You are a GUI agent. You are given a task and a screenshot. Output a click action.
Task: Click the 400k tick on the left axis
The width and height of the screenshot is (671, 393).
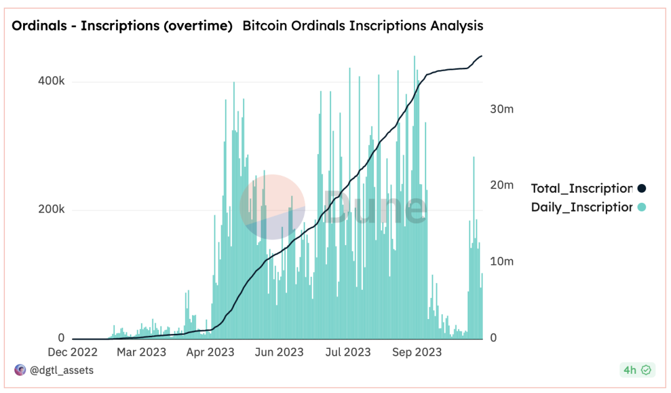(x=52, y=82)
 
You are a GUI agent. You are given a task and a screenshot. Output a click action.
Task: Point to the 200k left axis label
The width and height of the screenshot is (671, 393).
(x=52, y=210)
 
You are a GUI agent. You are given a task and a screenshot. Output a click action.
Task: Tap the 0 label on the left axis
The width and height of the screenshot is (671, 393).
(x=61, y=338)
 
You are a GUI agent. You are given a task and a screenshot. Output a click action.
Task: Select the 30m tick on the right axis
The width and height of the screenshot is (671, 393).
(x=501, y=109)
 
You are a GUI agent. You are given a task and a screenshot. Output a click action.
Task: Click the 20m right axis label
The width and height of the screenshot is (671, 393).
(x=501, y=185)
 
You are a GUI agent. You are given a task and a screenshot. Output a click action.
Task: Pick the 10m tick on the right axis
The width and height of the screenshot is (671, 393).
(x=501, y=261)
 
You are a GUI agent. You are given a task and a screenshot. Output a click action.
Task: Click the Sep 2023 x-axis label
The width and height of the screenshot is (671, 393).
(x=416, y=352)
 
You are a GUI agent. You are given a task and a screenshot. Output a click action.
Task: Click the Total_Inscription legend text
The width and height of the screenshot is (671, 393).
(x=582, y=188)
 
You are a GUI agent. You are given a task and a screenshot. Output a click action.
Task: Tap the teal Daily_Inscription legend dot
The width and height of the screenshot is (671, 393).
(x=642, y=207)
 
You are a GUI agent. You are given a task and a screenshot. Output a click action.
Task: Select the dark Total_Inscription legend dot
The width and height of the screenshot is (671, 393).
(x=642, y=188)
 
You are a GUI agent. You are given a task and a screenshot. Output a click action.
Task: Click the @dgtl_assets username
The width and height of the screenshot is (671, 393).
(x=62, y=370)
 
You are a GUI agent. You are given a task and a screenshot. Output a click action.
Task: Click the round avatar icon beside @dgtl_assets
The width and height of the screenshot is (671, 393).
(x=20, y=370)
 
